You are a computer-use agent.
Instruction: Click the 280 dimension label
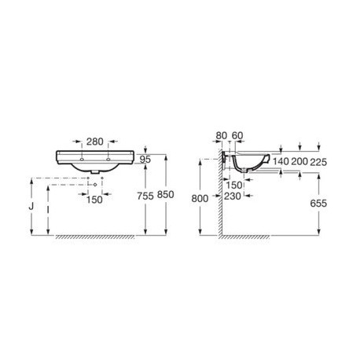click(95, 141)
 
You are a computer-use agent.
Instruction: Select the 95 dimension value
click(145, 160)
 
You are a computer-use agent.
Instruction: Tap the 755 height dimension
click(145, 196)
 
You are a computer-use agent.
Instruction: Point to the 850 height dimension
click(166, 195)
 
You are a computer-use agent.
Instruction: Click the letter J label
click(31, 207)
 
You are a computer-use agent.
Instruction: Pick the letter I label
click(48, 210)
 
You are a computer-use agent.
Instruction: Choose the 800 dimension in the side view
click(200, 199)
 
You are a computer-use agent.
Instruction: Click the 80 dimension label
click(222, 136)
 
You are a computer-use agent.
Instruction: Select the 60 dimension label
click(237, 136)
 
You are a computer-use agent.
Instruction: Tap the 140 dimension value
click(281, 162)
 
